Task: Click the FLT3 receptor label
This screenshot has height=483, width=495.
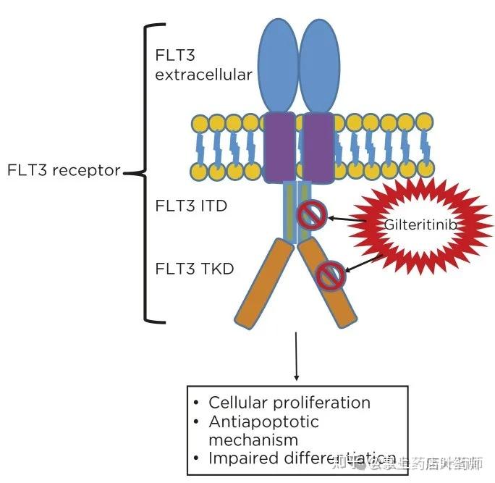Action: pos(64,172)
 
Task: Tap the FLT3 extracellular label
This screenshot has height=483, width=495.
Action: pos(203,64)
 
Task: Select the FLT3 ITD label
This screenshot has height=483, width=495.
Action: pos(191,206)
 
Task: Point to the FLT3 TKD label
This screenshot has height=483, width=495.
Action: pos(194,269)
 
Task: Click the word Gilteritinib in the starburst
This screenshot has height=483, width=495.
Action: pos(420,225)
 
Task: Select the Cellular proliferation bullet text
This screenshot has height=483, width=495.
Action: pos(289,403)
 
